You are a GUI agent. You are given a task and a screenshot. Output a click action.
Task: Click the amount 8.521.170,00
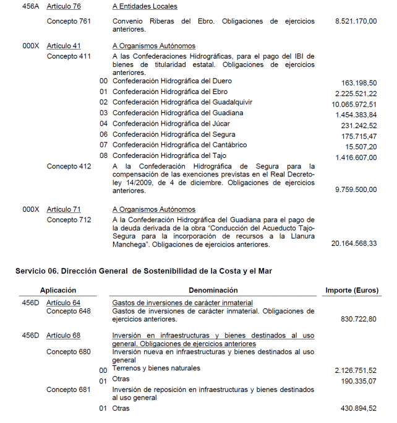(x=356, y=21)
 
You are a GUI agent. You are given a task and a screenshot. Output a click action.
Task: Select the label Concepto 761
(x=69, y=21)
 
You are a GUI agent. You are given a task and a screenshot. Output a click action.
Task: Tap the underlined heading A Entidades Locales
(x=145, y=6)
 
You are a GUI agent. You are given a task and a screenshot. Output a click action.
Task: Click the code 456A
(x=30, y=6)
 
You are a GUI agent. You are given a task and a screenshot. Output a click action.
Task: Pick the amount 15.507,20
(x=361, y=147)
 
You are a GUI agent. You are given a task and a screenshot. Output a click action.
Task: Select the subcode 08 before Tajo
(x=104, y=156)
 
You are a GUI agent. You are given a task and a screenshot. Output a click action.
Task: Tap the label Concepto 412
(x=69, y=167)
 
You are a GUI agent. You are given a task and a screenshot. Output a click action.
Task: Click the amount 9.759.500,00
(x=356, y=190)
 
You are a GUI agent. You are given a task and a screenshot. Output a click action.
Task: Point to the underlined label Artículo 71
(x=64, y=210)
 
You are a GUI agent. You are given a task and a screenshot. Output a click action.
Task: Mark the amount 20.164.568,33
(x=354, y=244)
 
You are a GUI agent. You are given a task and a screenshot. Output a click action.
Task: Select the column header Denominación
(x=213, y=290)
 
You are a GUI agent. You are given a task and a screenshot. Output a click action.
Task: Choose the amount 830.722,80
(x=359, y=319)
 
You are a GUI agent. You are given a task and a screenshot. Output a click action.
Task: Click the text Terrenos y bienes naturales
(x=156, y=368)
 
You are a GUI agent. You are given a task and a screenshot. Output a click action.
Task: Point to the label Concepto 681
(x=69, y=390)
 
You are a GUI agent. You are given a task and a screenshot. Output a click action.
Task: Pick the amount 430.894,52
(x=359, y=409)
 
